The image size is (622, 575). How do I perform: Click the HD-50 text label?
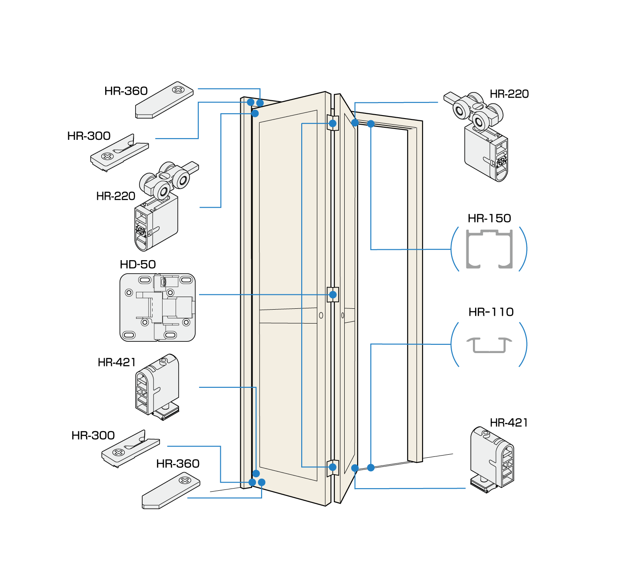coord(138,264)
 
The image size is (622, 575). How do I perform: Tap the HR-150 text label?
coord(489,218)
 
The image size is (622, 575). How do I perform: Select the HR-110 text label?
coord(491,312)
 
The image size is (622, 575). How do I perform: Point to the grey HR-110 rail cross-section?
coord(489,345)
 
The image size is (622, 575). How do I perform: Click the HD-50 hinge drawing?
coord(157,307)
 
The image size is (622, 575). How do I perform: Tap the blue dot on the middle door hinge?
coord(333,294)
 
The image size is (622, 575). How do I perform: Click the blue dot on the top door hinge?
coord(333,123)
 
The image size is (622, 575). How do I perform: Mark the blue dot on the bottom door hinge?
coord(333,467)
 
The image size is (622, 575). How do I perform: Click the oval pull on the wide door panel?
coord(321,315)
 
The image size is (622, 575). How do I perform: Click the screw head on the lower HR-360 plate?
coord(184,480)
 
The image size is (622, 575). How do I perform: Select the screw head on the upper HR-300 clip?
coord(107,155)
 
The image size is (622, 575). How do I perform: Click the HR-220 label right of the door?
coord(509,94)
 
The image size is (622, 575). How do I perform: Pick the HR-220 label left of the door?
coord(116,196)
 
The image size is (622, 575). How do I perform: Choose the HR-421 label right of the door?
coord(509,423)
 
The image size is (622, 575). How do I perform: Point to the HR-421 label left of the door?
coord(116,362)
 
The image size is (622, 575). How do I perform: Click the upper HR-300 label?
coord(89,136)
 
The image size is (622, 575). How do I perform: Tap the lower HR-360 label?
coord(178,464)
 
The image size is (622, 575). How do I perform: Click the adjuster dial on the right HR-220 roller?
coord(502,161)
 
